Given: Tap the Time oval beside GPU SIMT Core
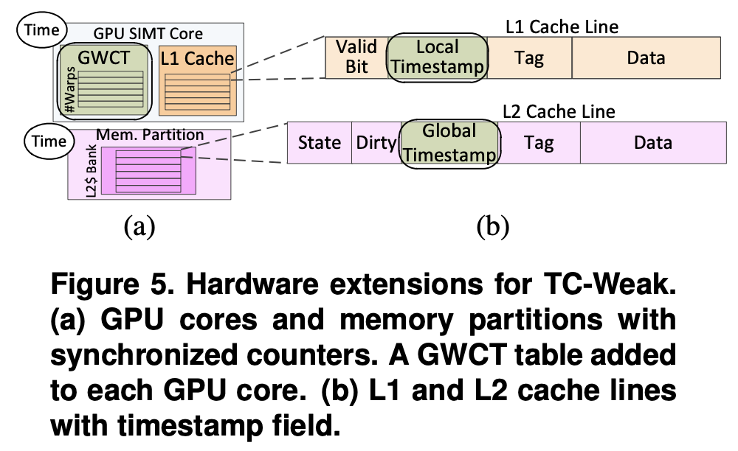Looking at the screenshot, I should (x=41, y=30).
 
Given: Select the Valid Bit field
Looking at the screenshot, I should (x=356, y=57).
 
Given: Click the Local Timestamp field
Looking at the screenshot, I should (x=438, y=57).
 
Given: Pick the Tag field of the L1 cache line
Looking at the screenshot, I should (x=529, y=57).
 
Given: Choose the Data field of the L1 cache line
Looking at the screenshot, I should (x=646, y=57).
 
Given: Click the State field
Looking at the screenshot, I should (x=320, y=142).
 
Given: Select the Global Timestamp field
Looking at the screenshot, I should (x=450, y=142).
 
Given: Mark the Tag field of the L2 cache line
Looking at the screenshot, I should (x=539, y=142).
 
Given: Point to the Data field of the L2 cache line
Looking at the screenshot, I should (x=652, y=142).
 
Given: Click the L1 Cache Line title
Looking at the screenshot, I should (x=562, y=28).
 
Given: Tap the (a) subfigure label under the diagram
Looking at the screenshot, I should (x=140, y=225).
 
